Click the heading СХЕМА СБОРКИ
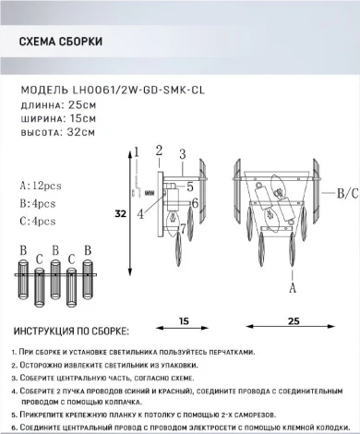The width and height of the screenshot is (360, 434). pyautogui.click(x=61, y=43)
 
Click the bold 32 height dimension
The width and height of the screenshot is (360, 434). pyautogui.click(x=120, y=213)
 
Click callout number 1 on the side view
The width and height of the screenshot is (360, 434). pyautogui.click(x=135, y=151)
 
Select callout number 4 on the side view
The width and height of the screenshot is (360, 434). pyautogui.click(x=140, y=214)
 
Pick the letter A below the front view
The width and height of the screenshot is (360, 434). pyautogui.click(x=293, y=287)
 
